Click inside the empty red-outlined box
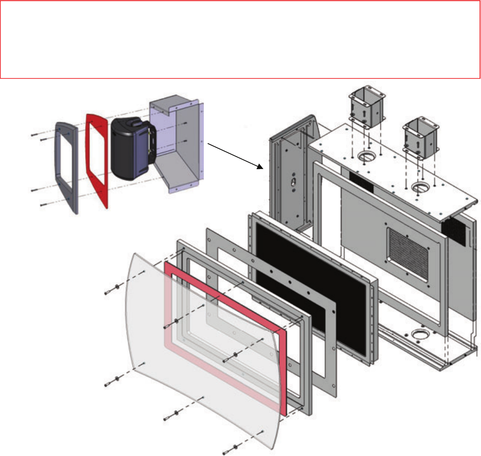coord(240,39)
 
